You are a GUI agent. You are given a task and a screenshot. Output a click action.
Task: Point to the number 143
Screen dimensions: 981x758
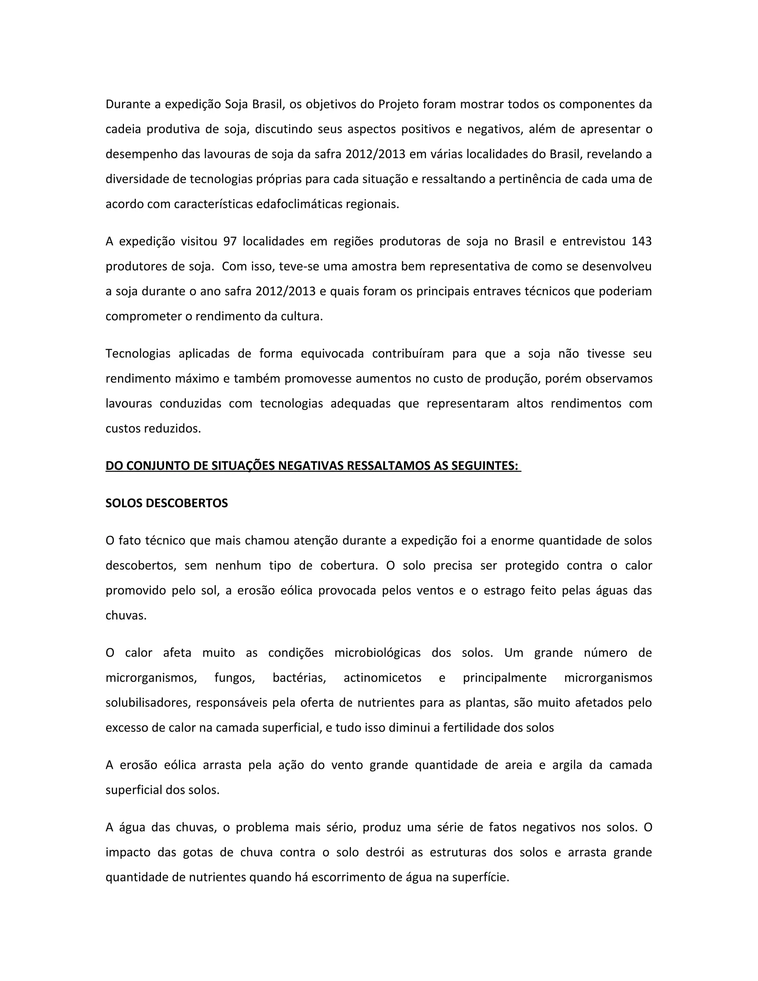[641, 242]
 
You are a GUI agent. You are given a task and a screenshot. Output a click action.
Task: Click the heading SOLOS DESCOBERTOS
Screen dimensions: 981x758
[167, 503]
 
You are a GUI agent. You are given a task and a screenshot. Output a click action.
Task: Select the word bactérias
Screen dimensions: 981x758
[299, 678]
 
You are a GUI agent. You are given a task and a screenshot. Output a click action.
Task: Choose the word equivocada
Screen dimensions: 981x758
[332, 354]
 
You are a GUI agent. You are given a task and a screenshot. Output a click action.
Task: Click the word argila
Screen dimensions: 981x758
[567, 765]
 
